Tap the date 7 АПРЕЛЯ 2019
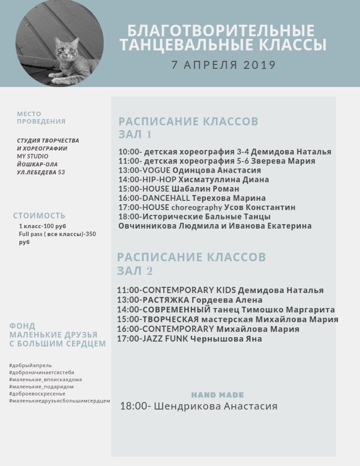pyautogui.click(x=223, y=65)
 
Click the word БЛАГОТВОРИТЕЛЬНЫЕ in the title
pyautogui.click(x=221, y=31)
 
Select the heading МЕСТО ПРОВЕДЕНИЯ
pyautogui.click(x=41, y=117)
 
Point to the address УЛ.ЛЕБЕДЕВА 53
pyautogui.click(x=41, y=172)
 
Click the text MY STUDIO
pyautogui.click(x=33, y=156)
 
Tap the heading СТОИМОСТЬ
pyautogui.click(x=39, y=216)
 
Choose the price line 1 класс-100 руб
pyautogui.click(x=42, y=226)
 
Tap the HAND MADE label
pyautogui.click(x=217, y=395)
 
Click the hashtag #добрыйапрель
pyautogui.click(x=30, y=365)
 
